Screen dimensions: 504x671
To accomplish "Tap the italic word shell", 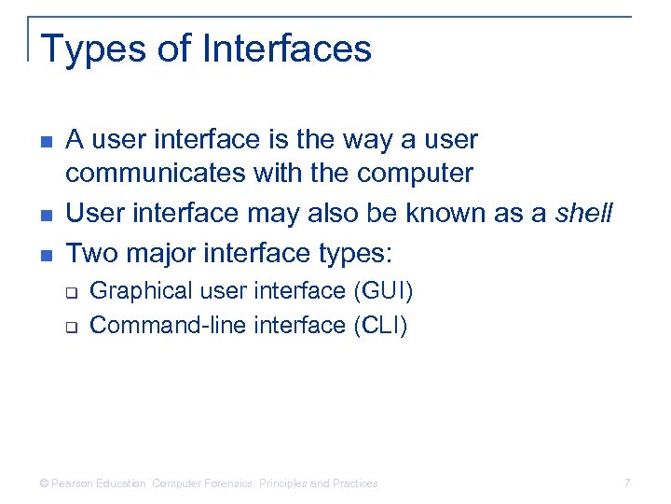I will (584, 213).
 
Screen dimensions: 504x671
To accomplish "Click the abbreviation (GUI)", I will (383, 291).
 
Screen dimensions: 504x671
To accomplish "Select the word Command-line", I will (154, 325).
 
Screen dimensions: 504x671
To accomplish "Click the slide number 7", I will (627, 483).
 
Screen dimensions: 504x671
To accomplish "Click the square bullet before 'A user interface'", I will (48, 141).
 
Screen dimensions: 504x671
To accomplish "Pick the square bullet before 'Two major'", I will (48, 253).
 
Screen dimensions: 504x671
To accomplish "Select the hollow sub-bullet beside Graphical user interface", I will (71, 292).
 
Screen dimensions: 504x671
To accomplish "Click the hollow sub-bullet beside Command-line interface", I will (71, 326).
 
